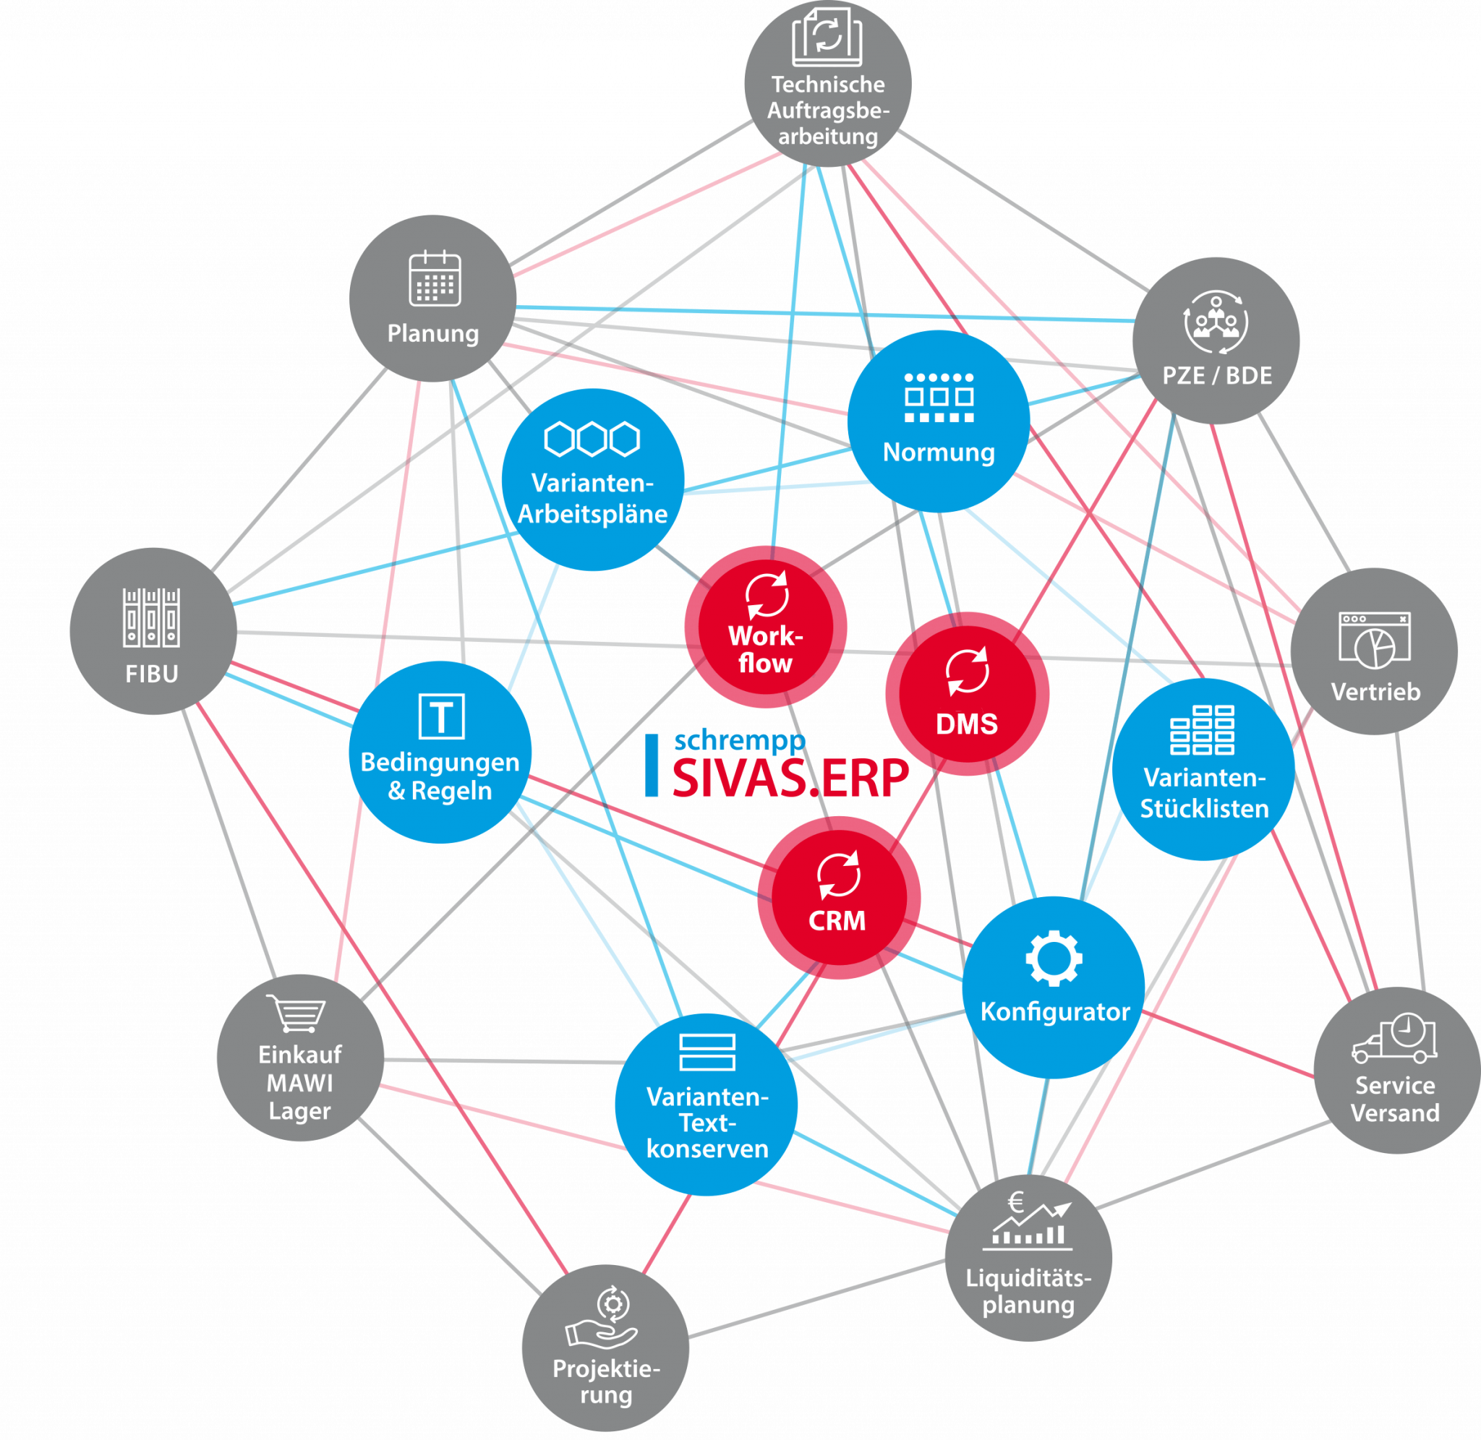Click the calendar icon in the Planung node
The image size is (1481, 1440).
click(435, 278)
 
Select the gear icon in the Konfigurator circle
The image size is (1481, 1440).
click(1054, 959)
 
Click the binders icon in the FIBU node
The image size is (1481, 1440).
click(151, 618)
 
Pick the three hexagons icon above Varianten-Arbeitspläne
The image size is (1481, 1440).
click(592, 439)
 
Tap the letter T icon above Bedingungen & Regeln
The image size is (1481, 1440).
click(441, 716)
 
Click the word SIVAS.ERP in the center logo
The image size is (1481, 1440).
click(790, 779)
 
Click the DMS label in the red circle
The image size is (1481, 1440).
click(967, 724)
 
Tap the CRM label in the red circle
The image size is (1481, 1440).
click(837, 920)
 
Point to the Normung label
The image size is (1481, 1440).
click(939, 453)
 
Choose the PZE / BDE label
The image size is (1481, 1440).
click(1217, 375)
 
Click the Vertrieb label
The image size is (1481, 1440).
click(1375, 691)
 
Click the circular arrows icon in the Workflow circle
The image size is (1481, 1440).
click(767, 595)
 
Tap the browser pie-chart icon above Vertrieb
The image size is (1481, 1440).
click(1375, 640)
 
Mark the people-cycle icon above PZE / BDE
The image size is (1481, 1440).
click(1216, 323)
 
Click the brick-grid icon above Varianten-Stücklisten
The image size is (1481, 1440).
click(1202, 730)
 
